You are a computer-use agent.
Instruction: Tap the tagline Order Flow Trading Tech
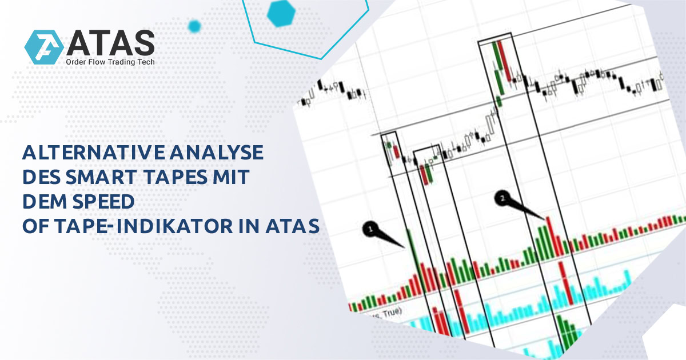point(110,62)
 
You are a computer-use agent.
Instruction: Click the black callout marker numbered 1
point(370,229)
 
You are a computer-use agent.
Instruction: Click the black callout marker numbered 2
point(502,198)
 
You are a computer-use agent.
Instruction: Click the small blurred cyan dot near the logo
point(194,26)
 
